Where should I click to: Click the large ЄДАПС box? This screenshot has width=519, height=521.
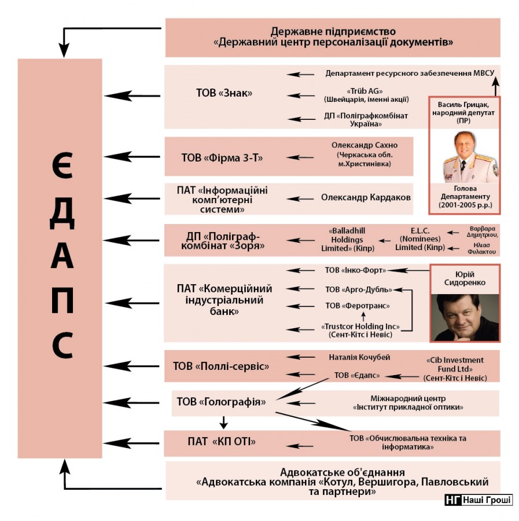coord(60,257)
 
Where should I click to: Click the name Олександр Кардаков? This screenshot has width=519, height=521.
coord(366,197)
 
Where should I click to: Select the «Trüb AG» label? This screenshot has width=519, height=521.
coord(366,95)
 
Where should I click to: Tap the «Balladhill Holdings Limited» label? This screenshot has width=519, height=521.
coord(347,239)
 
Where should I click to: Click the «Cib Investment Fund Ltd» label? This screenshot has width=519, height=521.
coord(454,369)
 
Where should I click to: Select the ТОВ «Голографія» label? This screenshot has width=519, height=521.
coord(220,402)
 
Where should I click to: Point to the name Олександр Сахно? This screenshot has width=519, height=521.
coord(365,145)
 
